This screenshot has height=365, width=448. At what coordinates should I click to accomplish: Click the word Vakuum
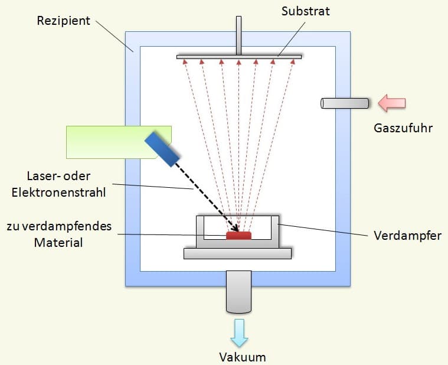[243, 357]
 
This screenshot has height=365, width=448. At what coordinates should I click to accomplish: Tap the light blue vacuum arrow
[240, 332]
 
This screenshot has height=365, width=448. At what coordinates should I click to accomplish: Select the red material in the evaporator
[238, 236]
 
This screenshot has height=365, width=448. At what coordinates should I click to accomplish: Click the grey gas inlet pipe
[345, 103]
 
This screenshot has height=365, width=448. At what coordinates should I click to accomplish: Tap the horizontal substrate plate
[239, 57]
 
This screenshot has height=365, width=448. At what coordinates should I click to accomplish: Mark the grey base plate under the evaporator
[237, 253]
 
